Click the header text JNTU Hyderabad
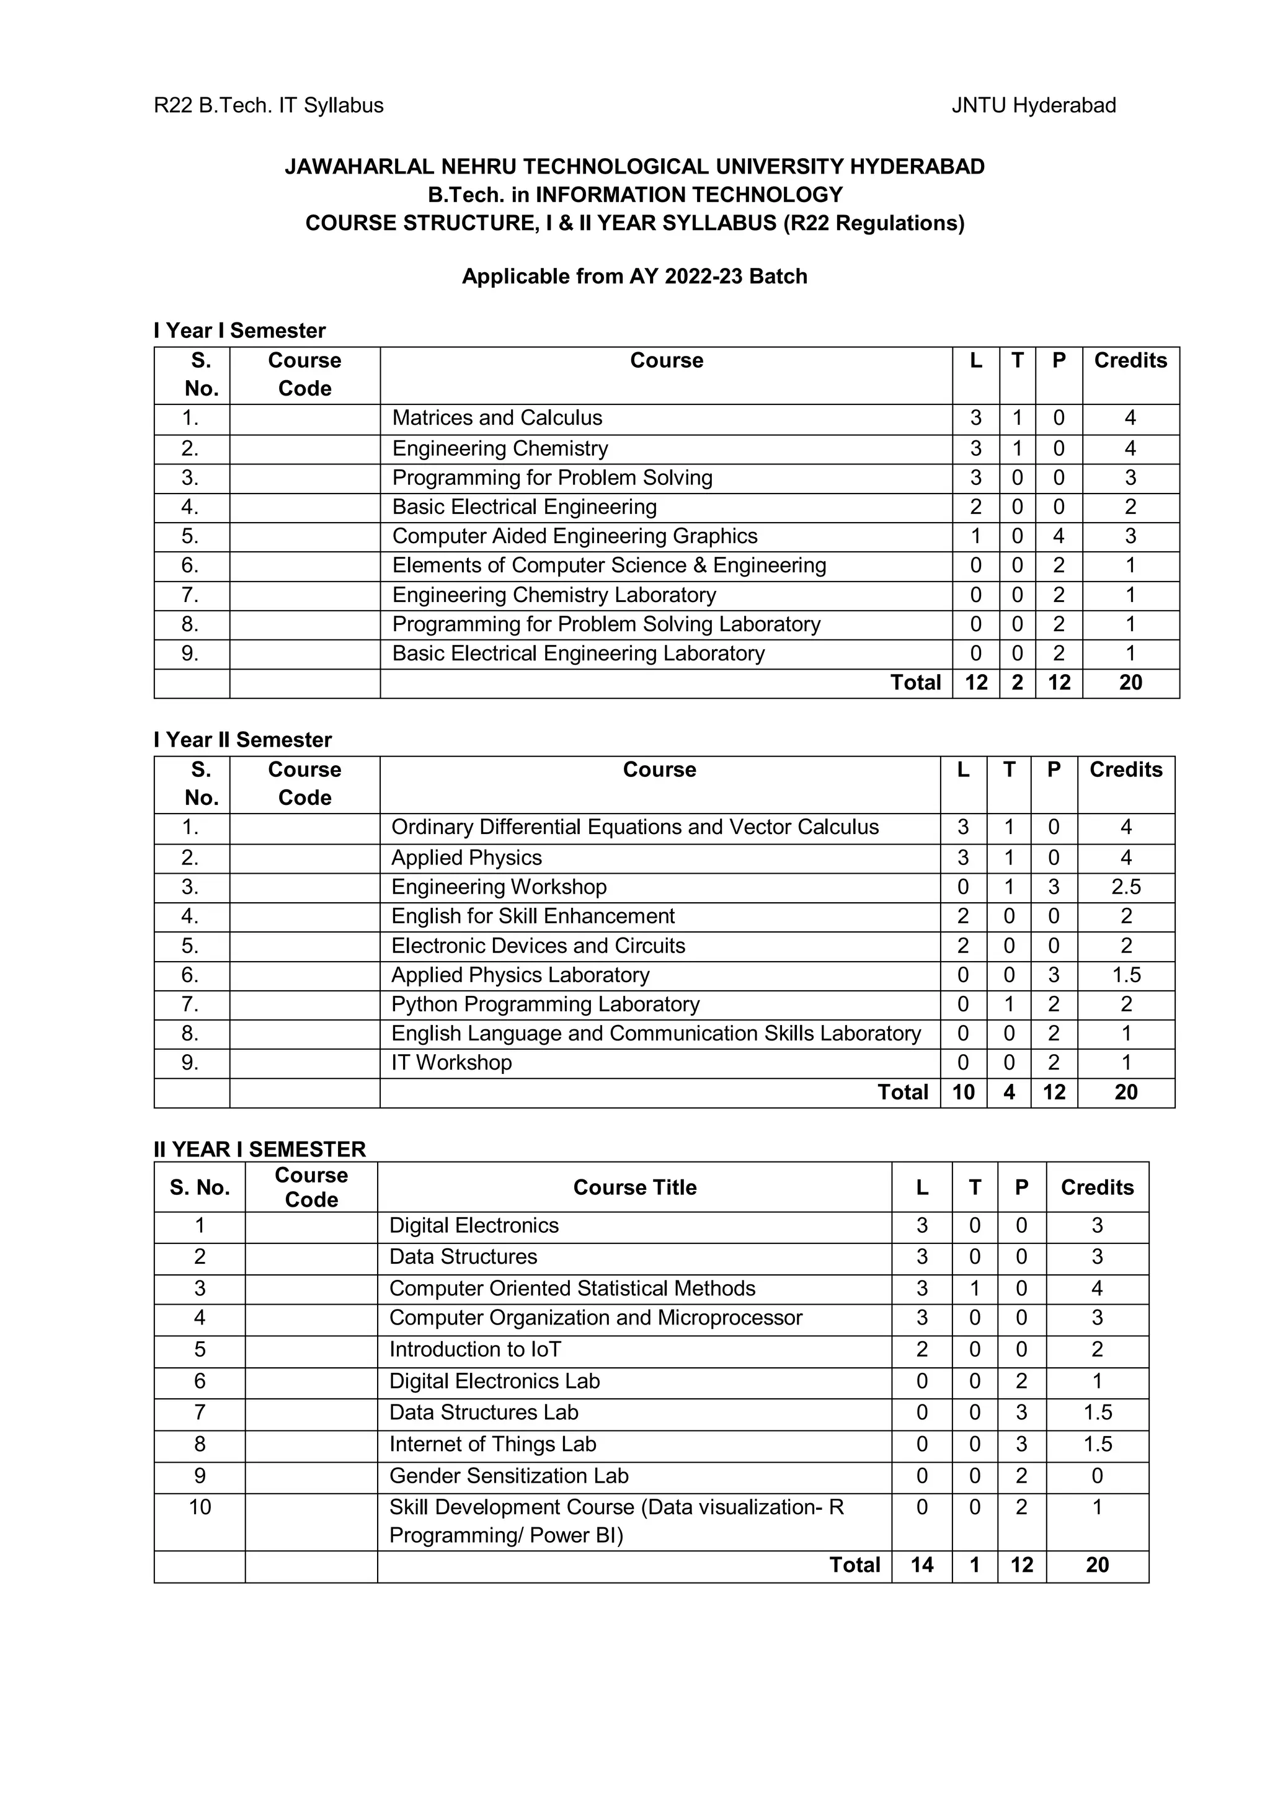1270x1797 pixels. pos(1033,105)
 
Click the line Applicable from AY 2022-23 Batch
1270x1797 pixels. pos(634,277)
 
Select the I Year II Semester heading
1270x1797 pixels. pos(242,740)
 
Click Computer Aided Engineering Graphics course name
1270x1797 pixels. pos(574,536)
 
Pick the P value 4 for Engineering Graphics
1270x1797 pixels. pos(1058,536)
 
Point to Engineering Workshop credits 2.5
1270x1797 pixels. pos(1126,887)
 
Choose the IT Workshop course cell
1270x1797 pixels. pos(451,1063)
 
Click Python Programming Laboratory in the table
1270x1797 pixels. pos(546,1004)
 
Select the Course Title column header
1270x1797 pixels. pos(634,1187)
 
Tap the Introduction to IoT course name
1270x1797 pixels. pos(475,1349)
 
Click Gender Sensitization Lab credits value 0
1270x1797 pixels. pos(1096,1475)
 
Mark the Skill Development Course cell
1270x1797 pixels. pos(616,1520)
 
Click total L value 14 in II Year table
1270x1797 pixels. pos(921,1564)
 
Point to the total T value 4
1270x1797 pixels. pos(1009,1093)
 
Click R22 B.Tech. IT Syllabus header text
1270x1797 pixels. pos(269,105)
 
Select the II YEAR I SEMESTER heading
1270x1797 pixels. pos(260,1149)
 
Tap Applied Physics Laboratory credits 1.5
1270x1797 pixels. pos(1126,975)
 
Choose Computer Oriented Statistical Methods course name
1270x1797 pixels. pos(572,1289)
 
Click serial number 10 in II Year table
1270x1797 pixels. pos(200,1507)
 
